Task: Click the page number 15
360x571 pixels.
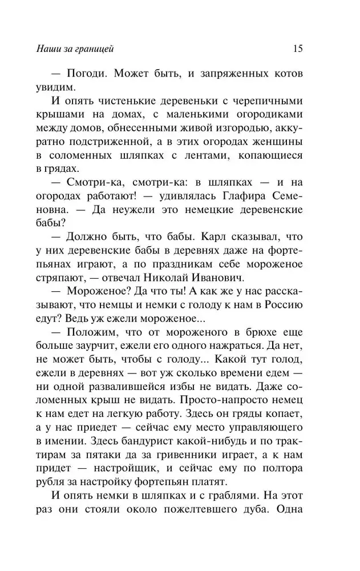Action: [297, 49]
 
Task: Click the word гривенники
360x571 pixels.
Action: [180, 462]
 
